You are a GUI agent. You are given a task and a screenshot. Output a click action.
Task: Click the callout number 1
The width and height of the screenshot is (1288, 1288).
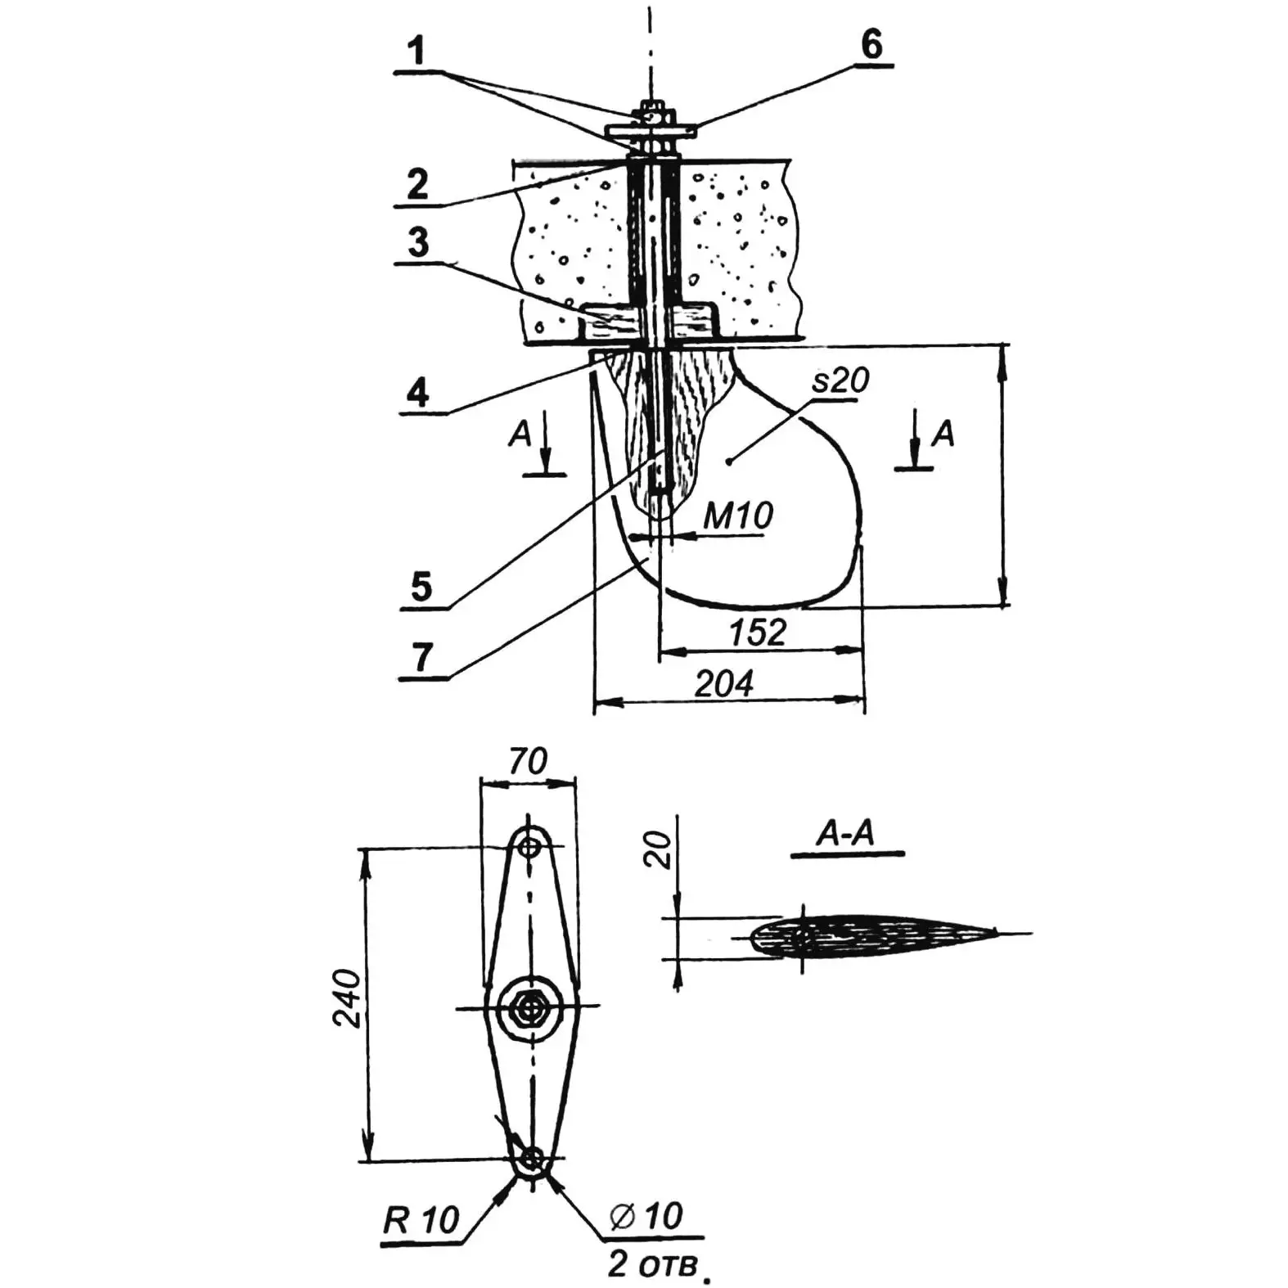pos(418,51)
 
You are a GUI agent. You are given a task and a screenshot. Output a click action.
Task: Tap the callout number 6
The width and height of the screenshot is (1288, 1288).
pos(872,44)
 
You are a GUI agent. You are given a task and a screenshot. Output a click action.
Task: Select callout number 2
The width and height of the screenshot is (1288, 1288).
pos(417,183)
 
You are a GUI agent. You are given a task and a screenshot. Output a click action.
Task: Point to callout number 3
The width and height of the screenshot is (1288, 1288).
pos(418,243)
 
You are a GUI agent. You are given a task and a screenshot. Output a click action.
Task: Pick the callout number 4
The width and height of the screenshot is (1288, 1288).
pos(418,393)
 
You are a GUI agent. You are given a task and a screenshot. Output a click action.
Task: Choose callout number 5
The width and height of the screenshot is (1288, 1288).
pos(421,587)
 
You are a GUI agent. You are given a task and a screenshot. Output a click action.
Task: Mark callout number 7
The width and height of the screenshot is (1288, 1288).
pos(422,657)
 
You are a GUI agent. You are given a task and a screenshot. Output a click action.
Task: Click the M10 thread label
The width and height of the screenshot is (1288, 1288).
pos(738,516)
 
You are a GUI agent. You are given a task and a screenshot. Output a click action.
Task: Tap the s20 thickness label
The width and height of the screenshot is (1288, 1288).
pos(840,381)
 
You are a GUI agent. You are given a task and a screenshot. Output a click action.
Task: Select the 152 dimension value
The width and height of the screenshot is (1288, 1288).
pos(758,632)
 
